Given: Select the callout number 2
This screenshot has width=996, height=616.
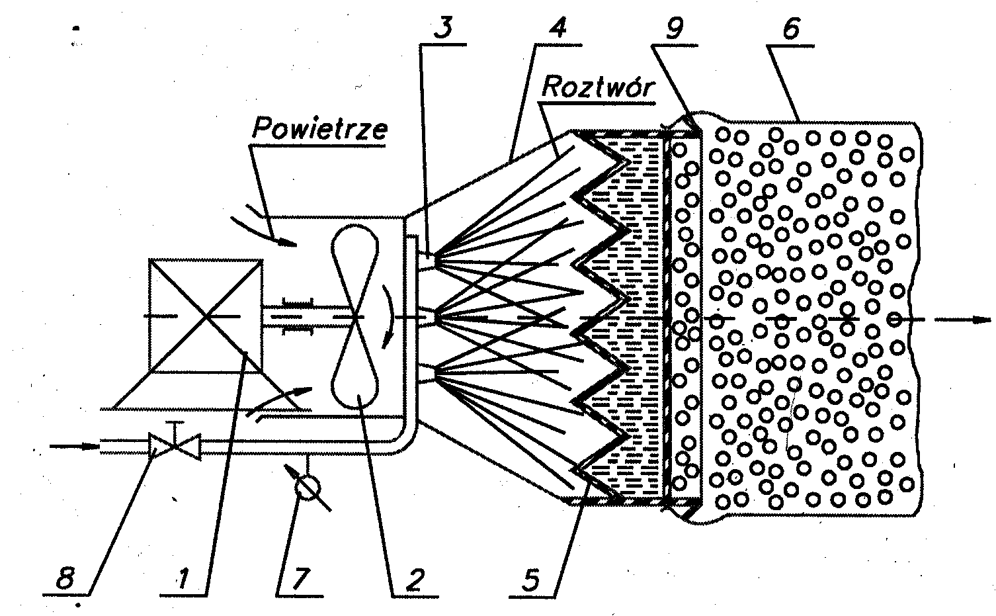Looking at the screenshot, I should pos(413,581).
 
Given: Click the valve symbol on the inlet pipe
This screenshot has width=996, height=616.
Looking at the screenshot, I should pos(175,447).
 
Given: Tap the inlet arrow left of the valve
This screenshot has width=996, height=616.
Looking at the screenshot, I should pos(73,445).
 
